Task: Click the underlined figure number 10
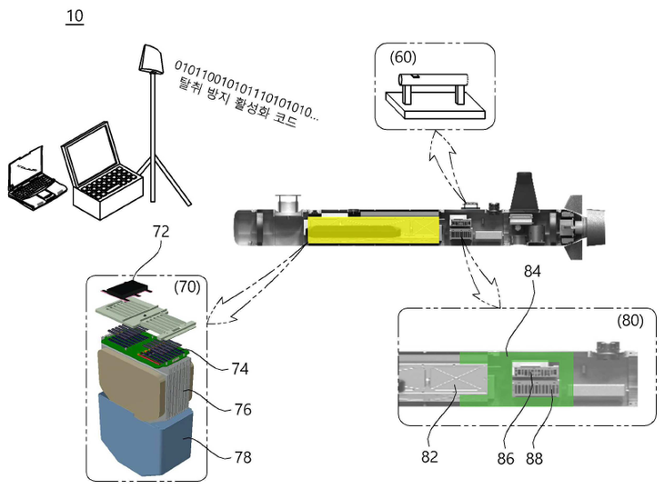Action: [75, 18]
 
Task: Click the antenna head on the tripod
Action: [149, 59]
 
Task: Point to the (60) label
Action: [403, 57]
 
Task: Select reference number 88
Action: [534, 459]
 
